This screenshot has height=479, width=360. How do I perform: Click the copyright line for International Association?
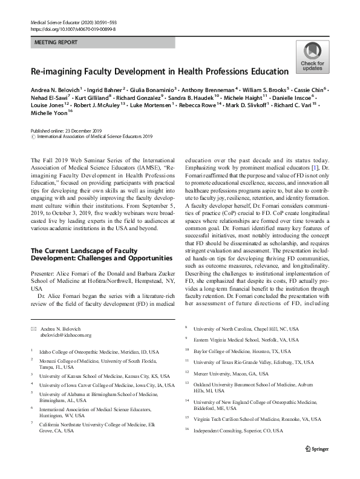click(86, 137)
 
